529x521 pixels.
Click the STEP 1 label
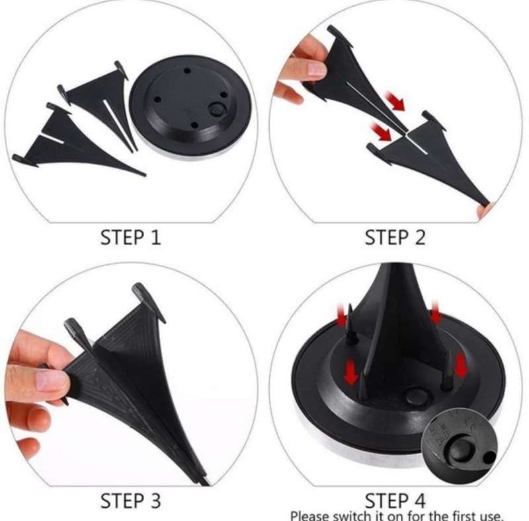[x=130, y=237]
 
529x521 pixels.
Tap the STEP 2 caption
[x=395, y=237]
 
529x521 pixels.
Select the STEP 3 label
[x=130, y=501]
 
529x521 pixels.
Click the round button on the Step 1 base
[x=216, y=109]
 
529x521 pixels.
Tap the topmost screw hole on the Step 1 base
[x=187, y=71]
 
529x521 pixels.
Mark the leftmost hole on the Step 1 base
[x=157, y=100]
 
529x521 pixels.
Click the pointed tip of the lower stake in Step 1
[x=145, y=174]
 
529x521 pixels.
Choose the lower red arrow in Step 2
[x=381, y=132]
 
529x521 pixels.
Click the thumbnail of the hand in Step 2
[x=317, y=69]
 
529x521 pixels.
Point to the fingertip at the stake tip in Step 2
[x=484, y=210]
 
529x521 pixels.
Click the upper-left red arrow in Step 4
[x=342, y=314]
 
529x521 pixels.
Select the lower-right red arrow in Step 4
[x=460, y=365]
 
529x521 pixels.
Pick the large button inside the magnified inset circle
[x=460, y=450]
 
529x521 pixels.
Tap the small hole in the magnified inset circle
[x=488, y=458]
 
